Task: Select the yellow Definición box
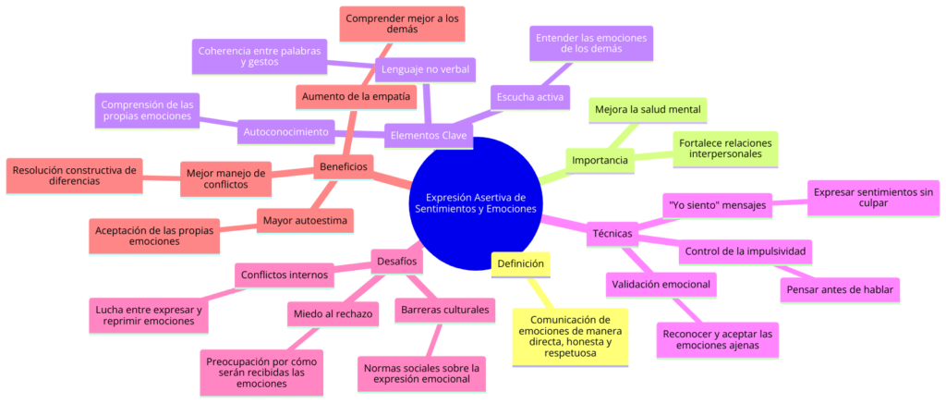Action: point(521,264)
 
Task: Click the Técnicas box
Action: point(611,234)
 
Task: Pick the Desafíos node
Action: point(397,262)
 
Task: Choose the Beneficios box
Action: point(344,166)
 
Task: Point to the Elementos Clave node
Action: point(428,137)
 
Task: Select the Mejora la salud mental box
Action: point(648,110)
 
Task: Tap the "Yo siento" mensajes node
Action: point(716,205)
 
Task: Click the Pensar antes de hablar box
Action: point(840,290)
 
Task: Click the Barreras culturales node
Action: point(444,309)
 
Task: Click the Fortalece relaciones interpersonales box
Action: point(725,149)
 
